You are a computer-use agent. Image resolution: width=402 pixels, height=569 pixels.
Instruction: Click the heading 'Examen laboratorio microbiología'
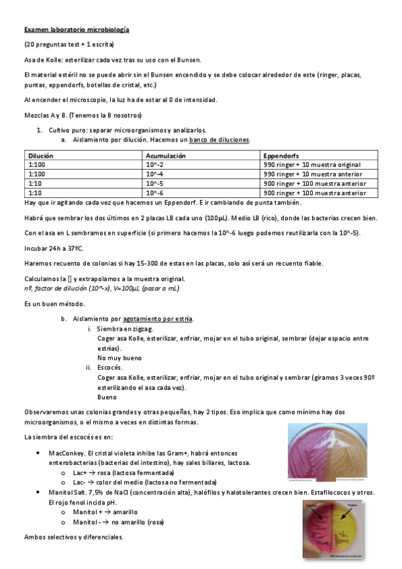coord(77,30)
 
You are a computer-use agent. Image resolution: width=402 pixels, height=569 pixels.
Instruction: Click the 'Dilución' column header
coord(41,155)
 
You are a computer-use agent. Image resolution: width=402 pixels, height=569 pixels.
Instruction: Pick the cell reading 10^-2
coord(154,164)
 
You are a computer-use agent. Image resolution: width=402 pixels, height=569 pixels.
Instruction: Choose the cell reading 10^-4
coord(154,174)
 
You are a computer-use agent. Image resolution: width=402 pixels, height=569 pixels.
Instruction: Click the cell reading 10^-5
coord(154,183)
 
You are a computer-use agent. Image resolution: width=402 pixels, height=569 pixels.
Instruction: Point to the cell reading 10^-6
coord(154,193)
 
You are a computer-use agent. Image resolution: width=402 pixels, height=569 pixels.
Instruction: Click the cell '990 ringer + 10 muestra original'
coord(312,164)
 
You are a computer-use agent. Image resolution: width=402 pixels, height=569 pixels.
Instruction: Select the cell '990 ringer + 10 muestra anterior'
coord(312,174)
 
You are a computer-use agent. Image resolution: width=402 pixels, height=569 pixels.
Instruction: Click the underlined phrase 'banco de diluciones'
coord(219,140)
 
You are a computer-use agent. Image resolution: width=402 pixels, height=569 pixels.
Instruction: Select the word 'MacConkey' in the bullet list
coord(66,453)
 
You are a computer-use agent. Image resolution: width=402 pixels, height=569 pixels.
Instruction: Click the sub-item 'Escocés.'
coord(110,368)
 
